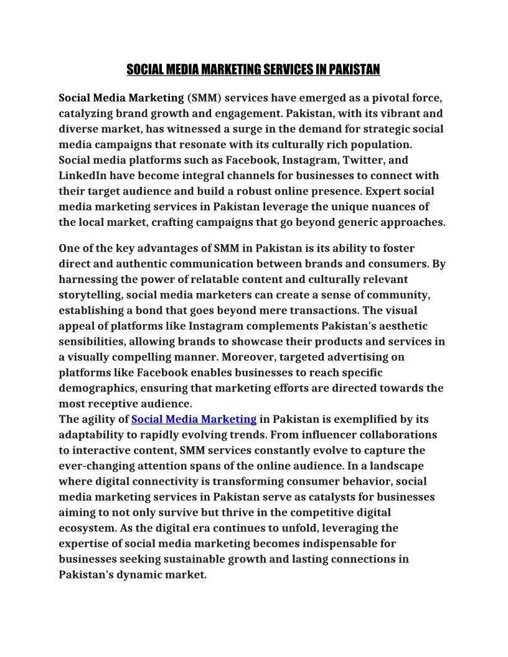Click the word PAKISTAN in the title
pos(354,69)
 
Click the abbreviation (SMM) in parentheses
pos(204,98)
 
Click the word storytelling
pos(91,295)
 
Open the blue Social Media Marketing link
pos(194,419)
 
